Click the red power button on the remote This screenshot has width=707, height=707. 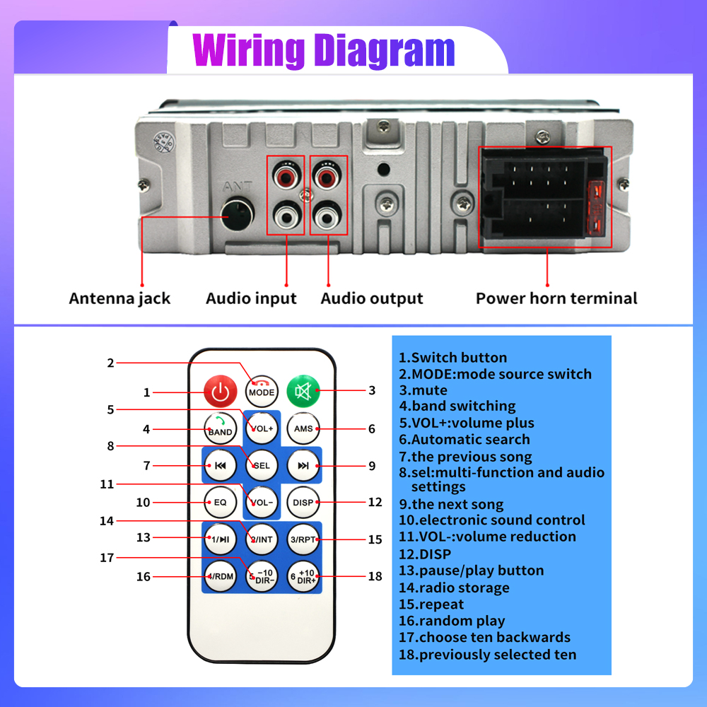(x=221, y=391)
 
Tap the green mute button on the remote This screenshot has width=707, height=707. (x=303, y=390)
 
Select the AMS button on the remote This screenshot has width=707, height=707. (x=303, y=428)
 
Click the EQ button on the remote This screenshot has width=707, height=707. (x=221, y=502)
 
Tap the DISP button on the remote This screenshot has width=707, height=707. (x=303, y=502)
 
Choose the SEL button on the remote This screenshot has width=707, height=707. (x=262, y=466)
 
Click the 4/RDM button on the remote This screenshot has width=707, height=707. (x=221, y=576)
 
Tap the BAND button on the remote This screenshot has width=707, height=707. (x=221, y=428)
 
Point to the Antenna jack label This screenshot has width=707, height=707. (x=119, y=298)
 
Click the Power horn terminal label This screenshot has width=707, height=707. (x=556, y=298)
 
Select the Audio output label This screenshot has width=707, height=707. (x=372, y=298)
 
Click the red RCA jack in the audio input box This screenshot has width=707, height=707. (x=286, y=175)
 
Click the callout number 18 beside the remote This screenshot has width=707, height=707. (x=375, y=576)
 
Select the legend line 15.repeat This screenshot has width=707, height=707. (x=431, y=604)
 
